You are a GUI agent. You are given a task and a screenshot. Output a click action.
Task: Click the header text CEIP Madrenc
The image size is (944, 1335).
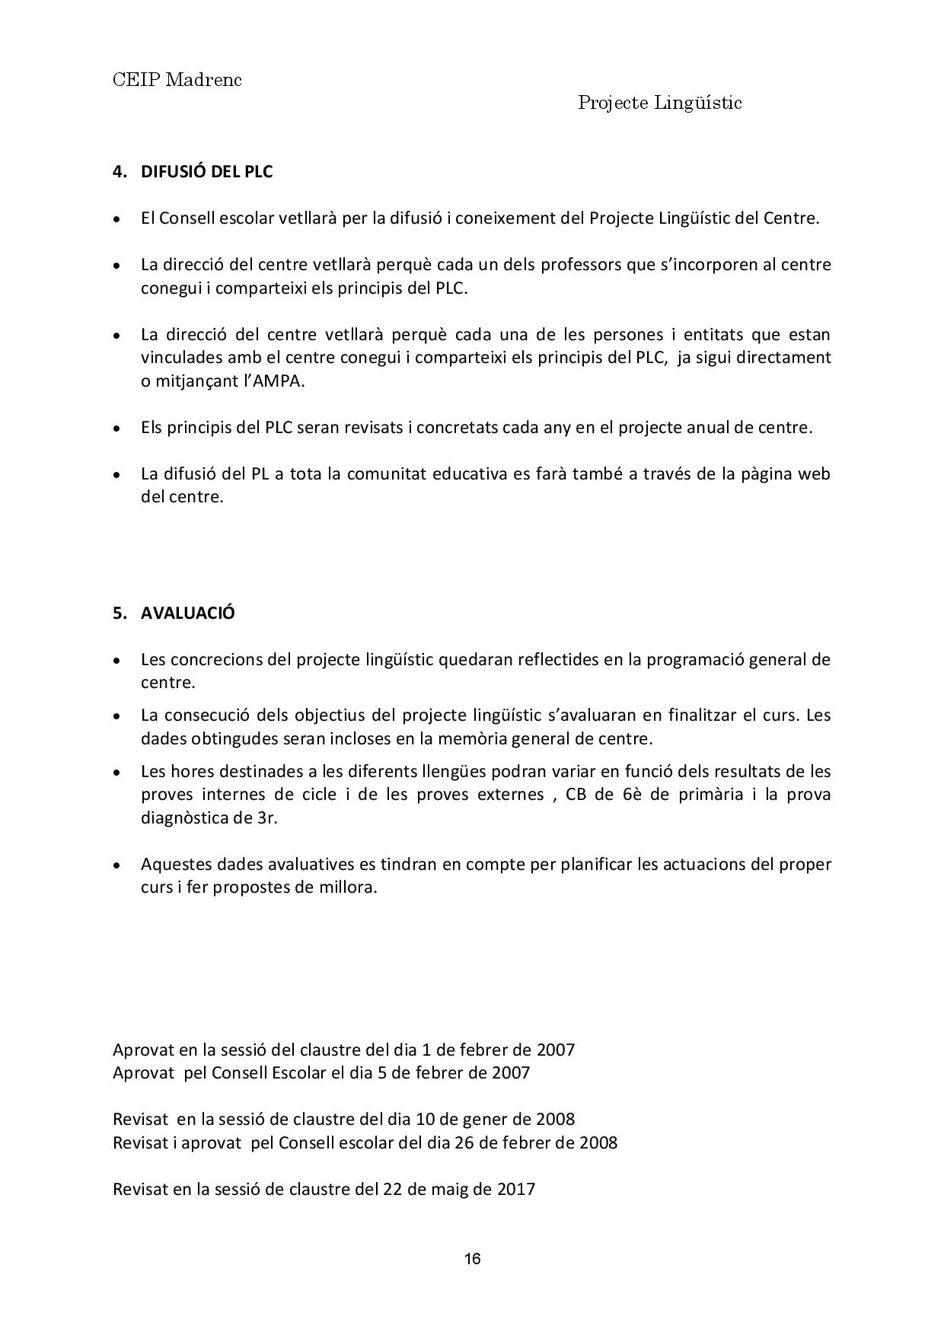coord(177,80)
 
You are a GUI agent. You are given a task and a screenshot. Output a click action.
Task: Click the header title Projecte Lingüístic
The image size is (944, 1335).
coord(659,103)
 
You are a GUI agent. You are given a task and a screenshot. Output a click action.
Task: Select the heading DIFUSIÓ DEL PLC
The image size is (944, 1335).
coord(206,171)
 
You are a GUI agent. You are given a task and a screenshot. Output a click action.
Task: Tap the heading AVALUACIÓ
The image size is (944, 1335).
coord(187,613)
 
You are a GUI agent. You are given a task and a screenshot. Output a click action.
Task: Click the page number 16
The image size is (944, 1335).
coord(472,1259)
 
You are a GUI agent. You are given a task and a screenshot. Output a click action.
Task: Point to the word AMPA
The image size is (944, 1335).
coord(279,381)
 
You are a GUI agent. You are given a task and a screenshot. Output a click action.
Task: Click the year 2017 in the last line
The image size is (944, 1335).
coord(515,1189)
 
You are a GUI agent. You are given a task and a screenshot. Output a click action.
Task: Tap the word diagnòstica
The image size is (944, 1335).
coord(190,818)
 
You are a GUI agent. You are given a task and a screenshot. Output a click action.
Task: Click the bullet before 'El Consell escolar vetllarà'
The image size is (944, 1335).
coord(116,219)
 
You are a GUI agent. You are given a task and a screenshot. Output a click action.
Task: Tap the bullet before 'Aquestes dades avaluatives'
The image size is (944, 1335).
coord(116,865)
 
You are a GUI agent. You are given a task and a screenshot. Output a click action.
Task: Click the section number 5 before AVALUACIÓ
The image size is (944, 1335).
coord(118,613)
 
